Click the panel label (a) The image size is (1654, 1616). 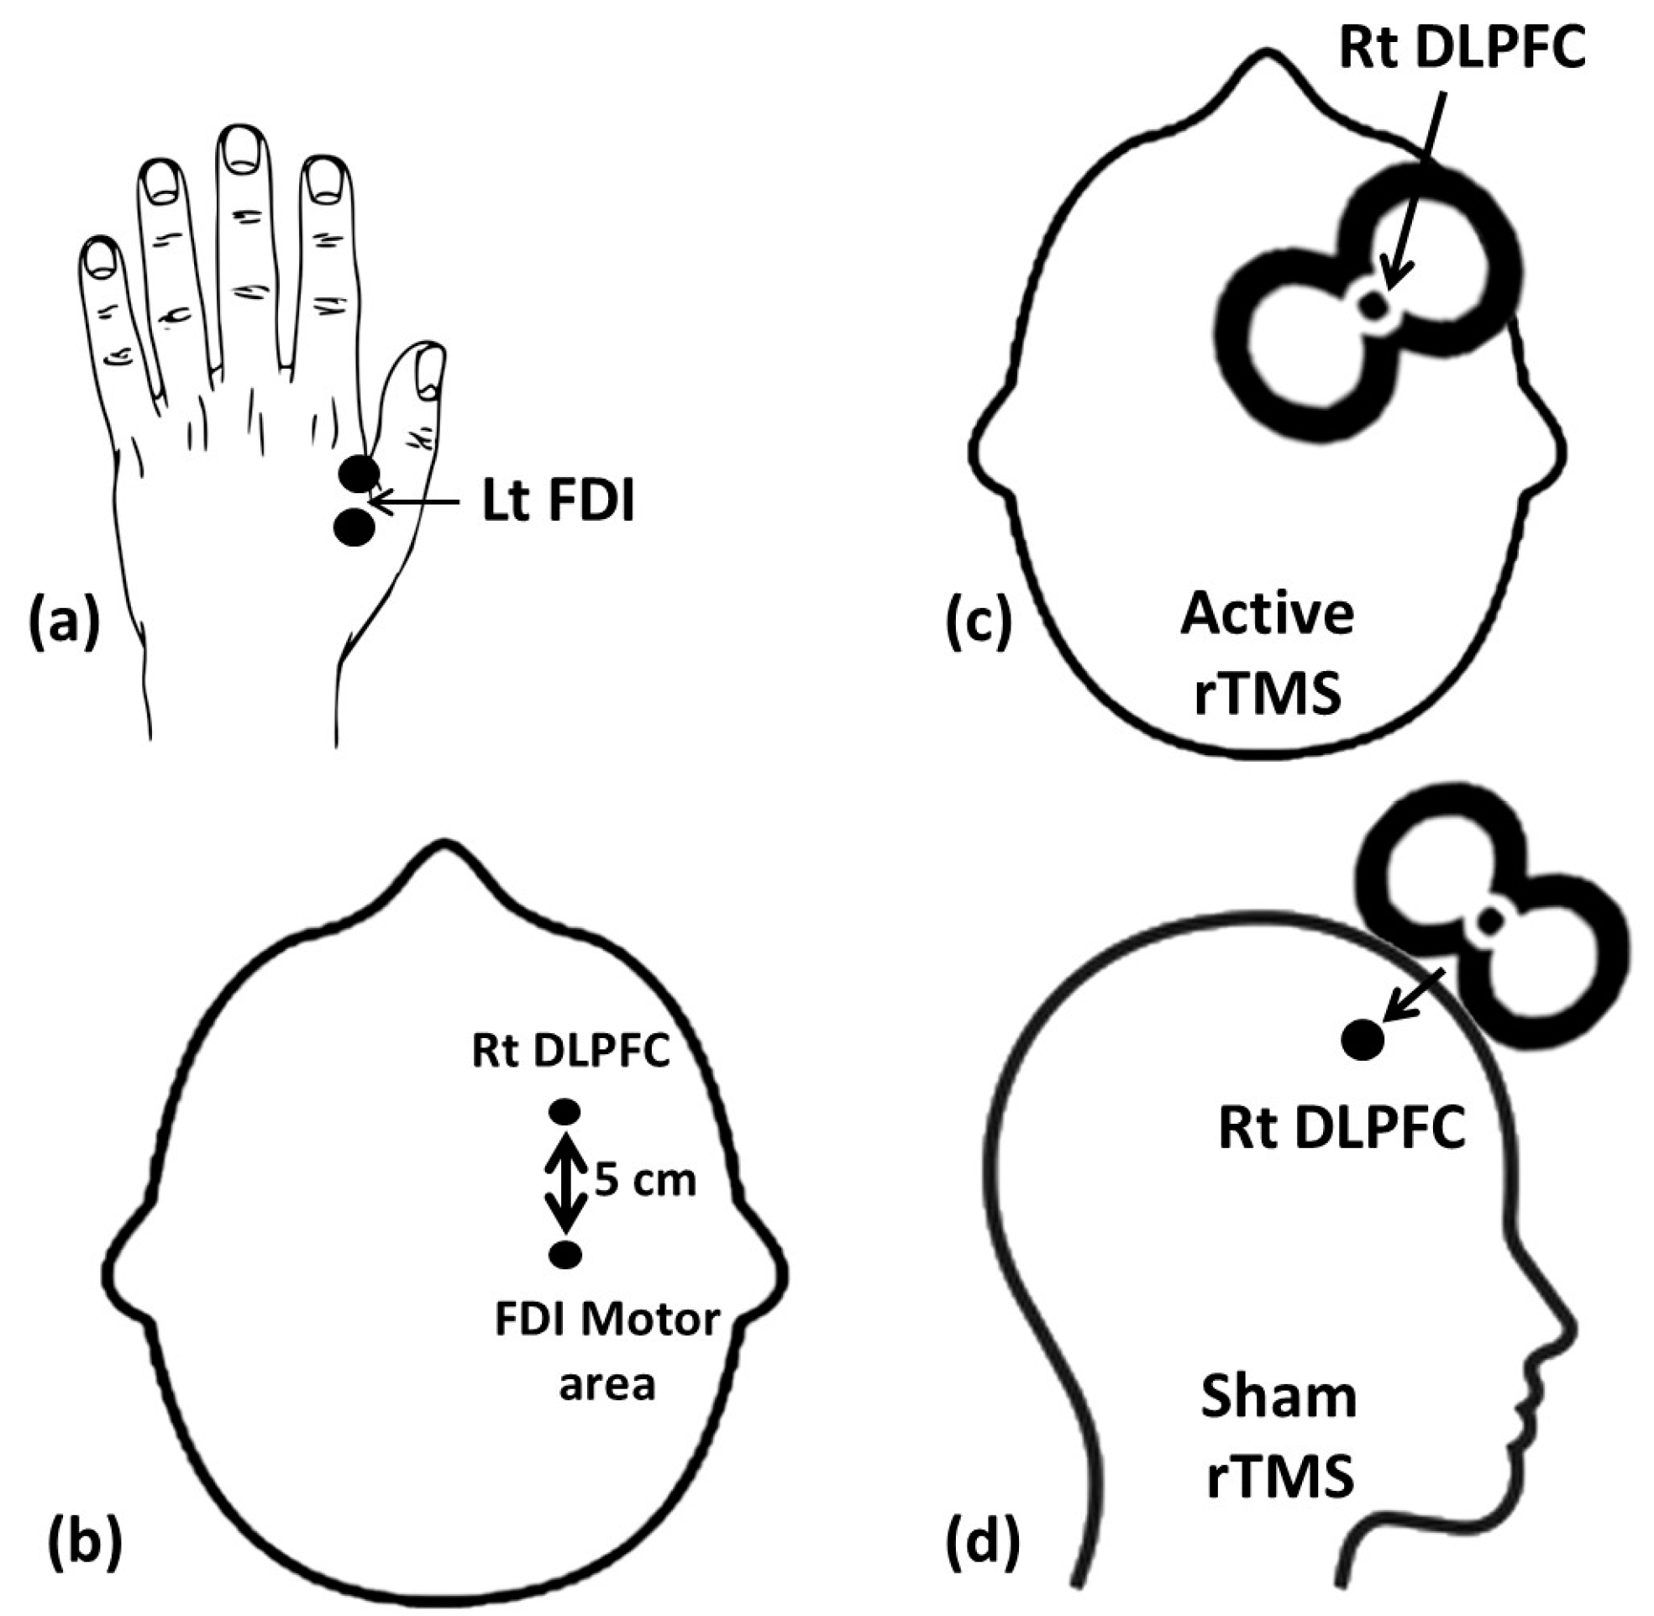[65, 621]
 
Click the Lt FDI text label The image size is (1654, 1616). [559, 501]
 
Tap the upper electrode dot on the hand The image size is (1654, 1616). [358, 474]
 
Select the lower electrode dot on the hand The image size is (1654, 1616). [354, 527]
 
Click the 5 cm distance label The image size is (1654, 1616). [645, 1181]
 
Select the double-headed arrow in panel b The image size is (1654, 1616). [566, 1183]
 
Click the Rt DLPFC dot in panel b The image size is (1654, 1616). [565, 1111]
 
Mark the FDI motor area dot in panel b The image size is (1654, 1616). [565, 1254]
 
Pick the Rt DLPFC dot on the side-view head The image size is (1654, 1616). [1362, 1040]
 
